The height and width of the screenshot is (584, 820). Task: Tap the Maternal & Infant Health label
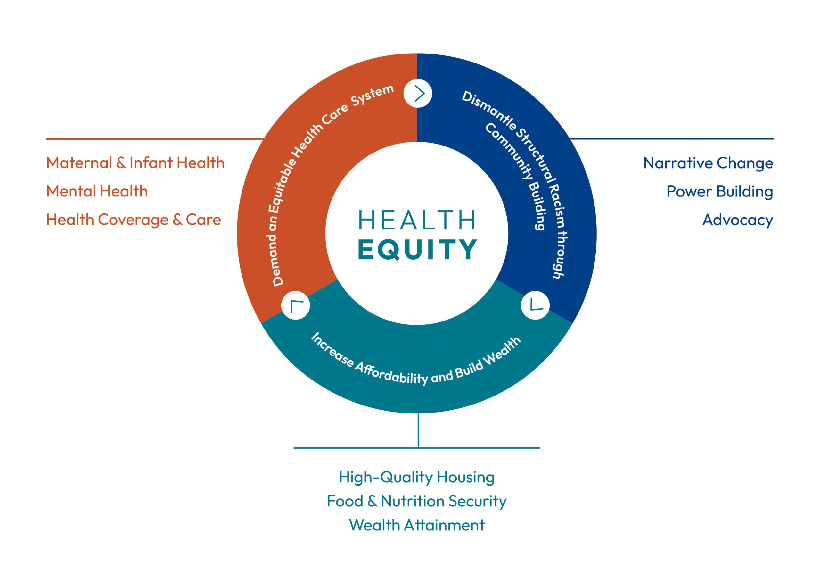(x=135, y=163)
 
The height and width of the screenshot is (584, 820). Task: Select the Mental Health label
(x=97, y=191)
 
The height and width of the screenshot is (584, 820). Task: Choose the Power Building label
(x=720, y=192)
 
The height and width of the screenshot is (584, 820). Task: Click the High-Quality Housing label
(x=417, y=478)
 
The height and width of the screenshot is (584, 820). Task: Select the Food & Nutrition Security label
(x=417, y=501)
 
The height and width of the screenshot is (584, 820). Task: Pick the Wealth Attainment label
(x=417, y=525)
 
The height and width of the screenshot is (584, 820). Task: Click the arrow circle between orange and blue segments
(x=418, y=94)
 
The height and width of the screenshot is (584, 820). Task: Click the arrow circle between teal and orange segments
(x=296, y=305)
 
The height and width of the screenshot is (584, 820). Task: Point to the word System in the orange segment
(x=373, y=95)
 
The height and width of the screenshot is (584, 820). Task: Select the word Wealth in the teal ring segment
(x=502, y=354)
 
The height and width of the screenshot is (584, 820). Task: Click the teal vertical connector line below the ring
(x=418, y=430)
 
